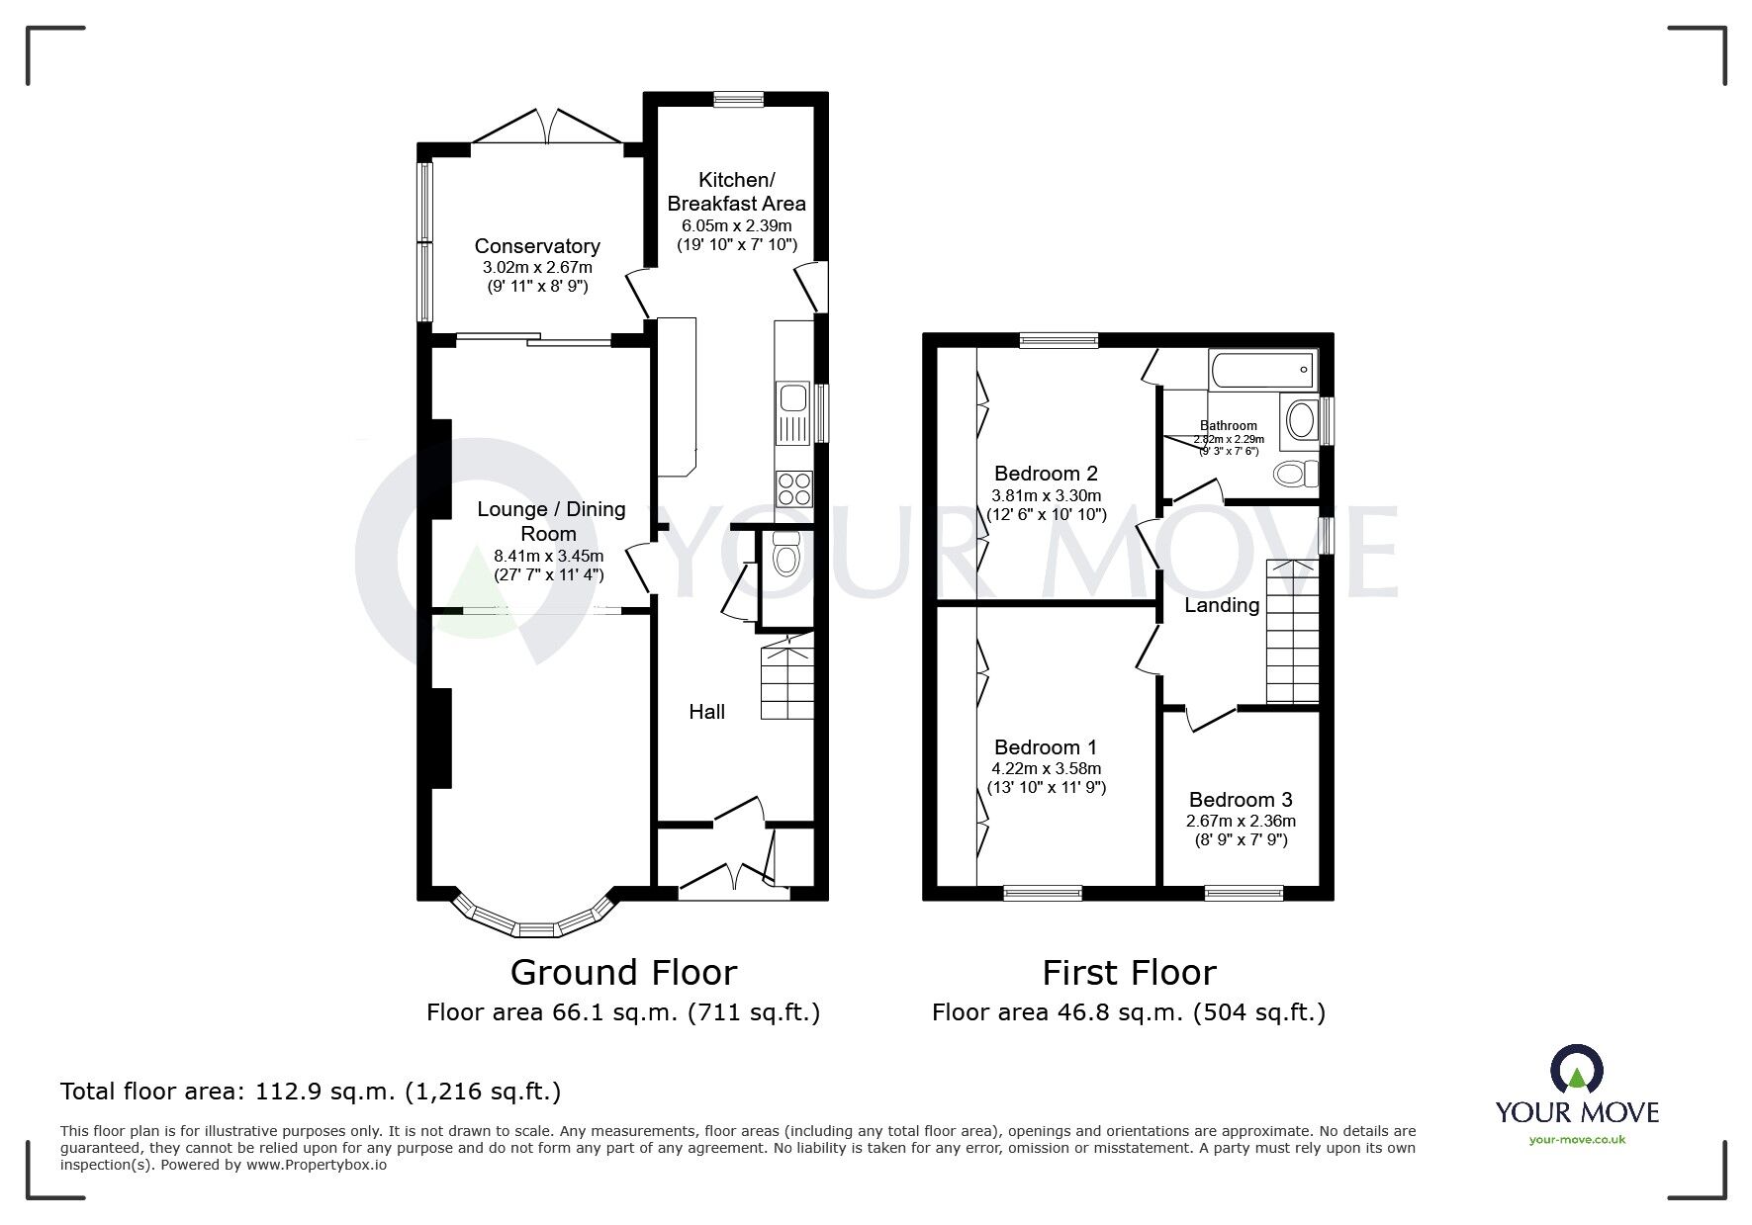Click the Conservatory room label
click(x=537, y=246)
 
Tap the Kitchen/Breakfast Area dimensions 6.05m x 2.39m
click(x=736, y=225)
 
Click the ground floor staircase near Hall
click(x=786, y=681)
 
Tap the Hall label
click(x=706, y=712)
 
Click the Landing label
click(x=1222, y=605)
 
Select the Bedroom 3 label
click(x=1241, y=799)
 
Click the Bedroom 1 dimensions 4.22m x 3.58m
click(x=1046, y=768)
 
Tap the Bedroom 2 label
click(x=1046, y=474)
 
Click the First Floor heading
click(x=1128, y=973)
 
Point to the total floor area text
click(x=311, y=1092)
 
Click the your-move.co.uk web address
click(x=1577, y=1140)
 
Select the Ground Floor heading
click(x=623, y=973)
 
